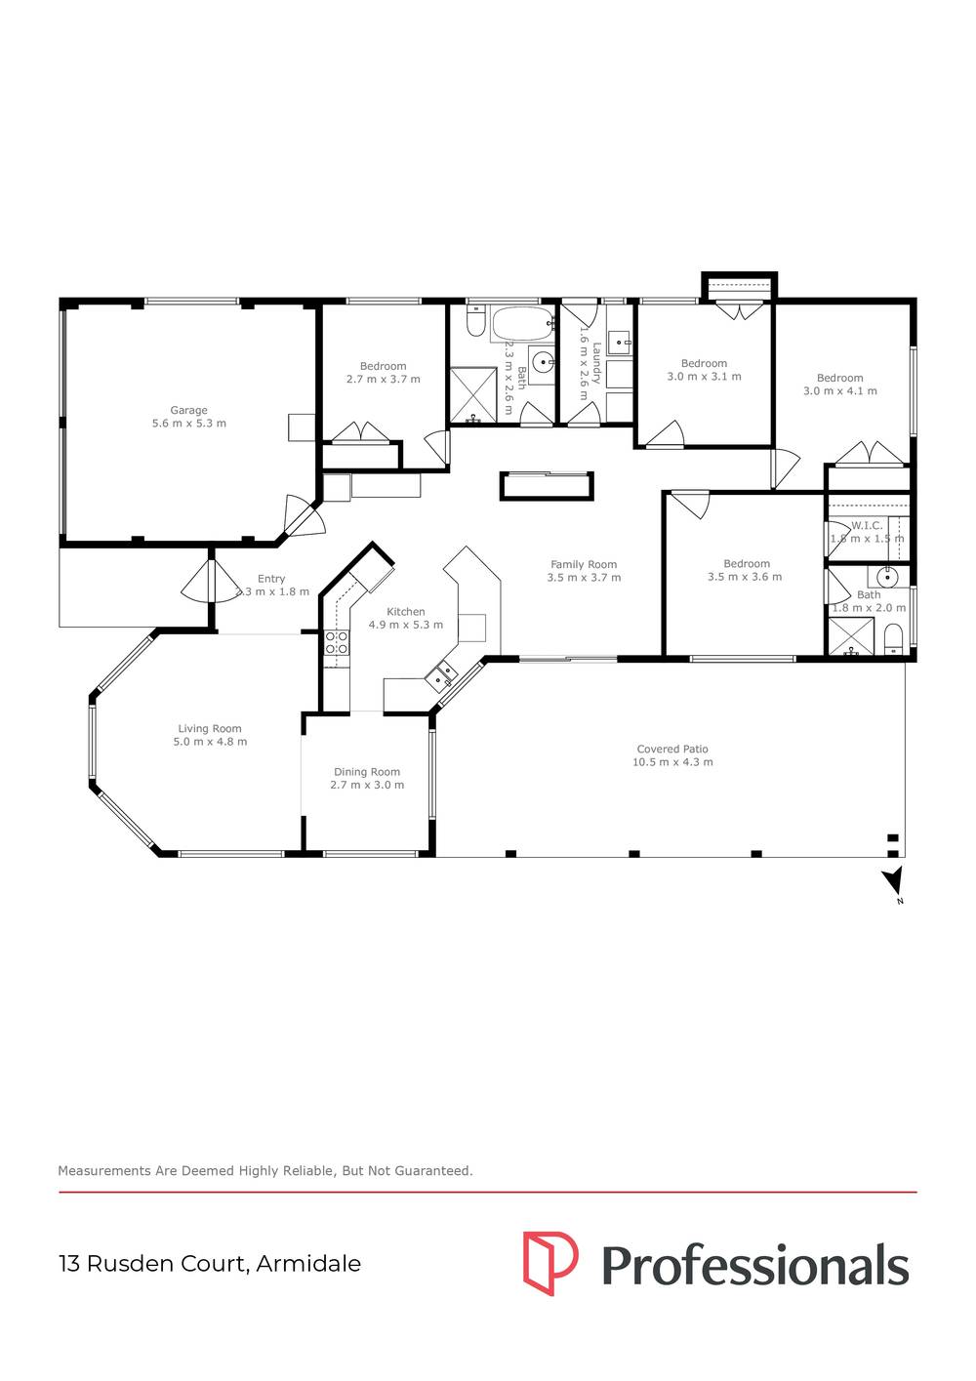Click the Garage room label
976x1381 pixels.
click(x=188, y=411)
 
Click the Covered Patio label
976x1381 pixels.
click(x=672, y=750)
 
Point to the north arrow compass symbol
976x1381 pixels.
click(x=892, y=882)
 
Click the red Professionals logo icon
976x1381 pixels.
click(x=549, y=1263)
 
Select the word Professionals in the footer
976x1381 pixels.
click(x=754, y=1265)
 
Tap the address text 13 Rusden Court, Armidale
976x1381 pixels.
click(x=210, y=1264)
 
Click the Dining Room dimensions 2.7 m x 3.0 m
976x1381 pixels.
click(x=367, y=785)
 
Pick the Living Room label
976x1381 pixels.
click(x=210, y=729)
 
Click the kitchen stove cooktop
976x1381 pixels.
click(x=337, y=641)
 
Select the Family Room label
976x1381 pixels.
click(x=584, y=564)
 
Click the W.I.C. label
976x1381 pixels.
click(x=867, y=525)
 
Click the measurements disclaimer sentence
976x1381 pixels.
click(x=265, y=1170)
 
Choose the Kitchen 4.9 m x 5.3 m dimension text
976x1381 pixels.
click(x=405, y=625)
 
